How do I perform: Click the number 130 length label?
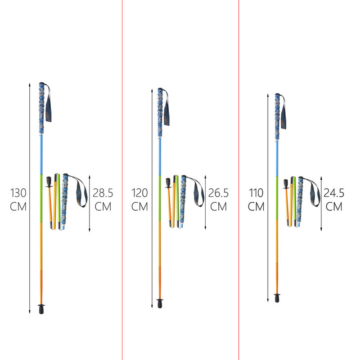coord(18,193)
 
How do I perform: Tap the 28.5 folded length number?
coord(103,193)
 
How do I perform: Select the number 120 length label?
coord(139,193)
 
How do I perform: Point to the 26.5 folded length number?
coord(218,193)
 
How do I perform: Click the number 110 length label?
coord(256,193)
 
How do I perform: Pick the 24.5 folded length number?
coord(334,193)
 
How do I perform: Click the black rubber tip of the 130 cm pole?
coord(41,309)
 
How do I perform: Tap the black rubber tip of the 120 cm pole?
coord(160,303)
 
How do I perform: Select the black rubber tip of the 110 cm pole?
coord(277,298)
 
